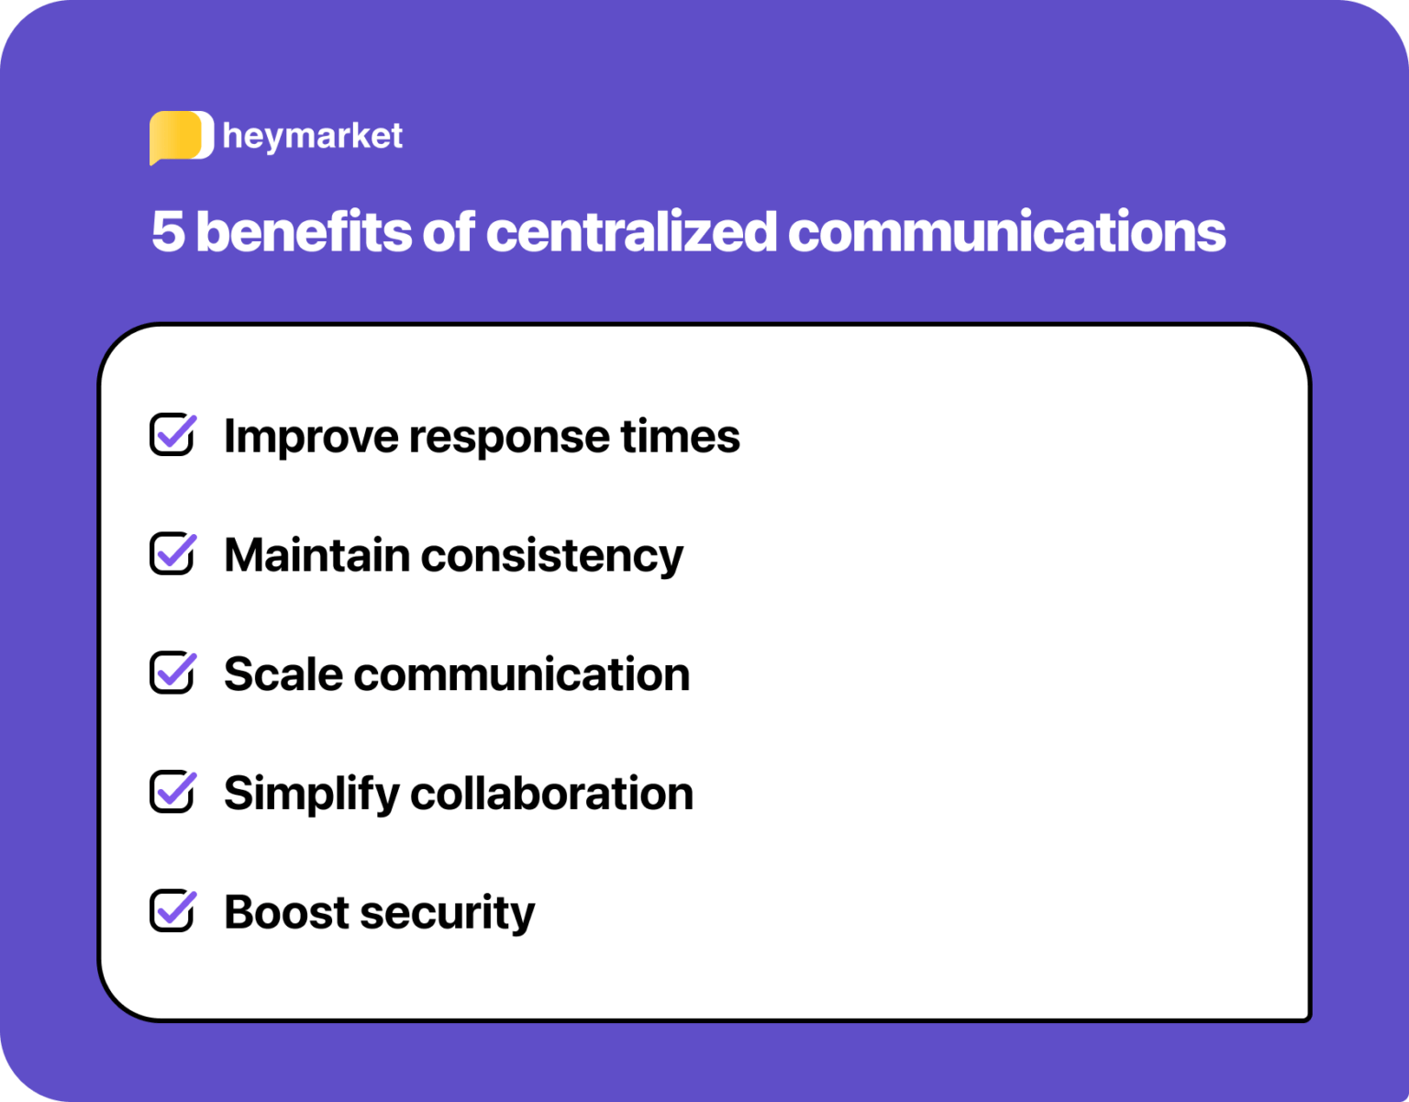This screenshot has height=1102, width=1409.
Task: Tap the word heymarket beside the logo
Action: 312,137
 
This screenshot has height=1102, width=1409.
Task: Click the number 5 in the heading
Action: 168,231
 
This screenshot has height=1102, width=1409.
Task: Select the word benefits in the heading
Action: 304,231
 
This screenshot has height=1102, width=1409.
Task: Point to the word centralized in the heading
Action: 631,231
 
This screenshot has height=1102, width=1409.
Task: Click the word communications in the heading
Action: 1006,231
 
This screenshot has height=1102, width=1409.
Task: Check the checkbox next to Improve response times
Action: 172,435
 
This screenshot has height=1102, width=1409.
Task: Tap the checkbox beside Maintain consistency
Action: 172,554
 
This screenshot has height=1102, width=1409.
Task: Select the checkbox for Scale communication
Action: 172,673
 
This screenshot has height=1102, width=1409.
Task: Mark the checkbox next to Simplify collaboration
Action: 172,792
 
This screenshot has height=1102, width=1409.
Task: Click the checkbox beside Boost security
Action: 172,911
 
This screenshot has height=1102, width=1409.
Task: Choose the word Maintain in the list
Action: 316,555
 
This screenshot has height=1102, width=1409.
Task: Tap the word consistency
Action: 552,557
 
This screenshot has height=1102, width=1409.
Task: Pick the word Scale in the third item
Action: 283,674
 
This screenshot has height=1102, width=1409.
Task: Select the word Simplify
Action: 311,795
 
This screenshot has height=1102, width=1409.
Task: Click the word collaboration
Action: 551,794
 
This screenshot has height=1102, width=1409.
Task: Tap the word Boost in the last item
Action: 286,913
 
